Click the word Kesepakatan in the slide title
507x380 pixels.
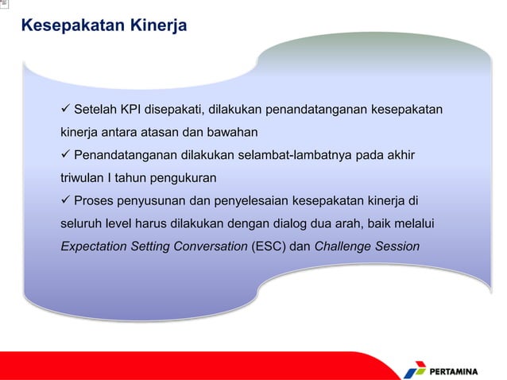point(72,27)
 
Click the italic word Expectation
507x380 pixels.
point(96,246)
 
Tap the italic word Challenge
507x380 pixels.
point(345,246)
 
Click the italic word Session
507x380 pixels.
point(399,246)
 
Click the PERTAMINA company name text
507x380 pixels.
point(465,370)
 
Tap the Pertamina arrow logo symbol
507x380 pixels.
point(415,368)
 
